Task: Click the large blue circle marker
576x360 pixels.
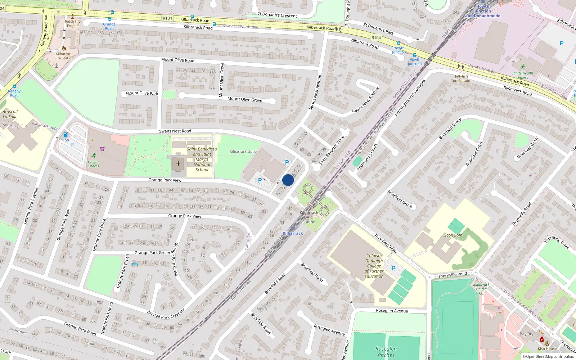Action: (x=288, y=180)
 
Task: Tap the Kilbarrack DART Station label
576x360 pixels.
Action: (x=309, y=217)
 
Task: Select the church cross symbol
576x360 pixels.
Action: (x=178, y=164)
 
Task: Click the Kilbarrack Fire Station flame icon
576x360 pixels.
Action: (x=64, y=48)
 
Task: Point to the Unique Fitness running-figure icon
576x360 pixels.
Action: (x=94, y=156)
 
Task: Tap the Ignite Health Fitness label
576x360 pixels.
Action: (x=522, y=75)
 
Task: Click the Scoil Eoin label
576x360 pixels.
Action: (x=453, y=235)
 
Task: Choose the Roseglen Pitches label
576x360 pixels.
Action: (x=386, y=352)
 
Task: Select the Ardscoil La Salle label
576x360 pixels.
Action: (x=10, y=114)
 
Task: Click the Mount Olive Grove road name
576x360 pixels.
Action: (x=245, y=99)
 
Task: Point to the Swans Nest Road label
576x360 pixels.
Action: (x=175, y=131)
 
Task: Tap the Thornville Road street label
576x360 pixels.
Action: (x=452, y=275)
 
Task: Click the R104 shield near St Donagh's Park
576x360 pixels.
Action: (x=376, y=37)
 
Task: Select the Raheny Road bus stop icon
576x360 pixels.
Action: (x=14, y=86)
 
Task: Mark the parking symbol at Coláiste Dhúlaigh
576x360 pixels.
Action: (x=393, y=268)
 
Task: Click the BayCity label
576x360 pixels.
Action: (x=526, y=334)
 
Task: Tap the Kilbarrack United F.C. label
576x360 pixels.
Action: (x=481, y=289)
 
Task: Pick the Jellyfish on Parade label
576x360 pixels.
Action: (x=461, y=78)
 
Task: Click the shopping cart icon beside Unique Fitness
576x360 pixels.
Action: (x=103, y=148)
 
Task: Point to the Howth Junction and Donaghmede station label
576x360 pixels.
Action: (x=482, y=11)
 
